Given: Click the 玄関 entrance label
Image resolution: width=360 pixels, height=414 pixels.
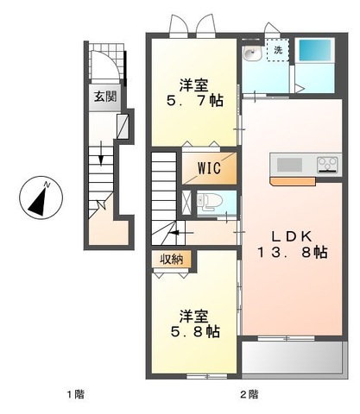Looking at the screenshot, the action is (105, 97).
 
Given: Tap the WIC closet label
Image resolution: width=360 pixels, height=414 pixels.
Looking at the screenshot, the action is (209, 168).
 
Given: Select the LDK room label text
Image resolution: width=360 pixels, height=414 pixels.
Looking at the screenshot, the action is (292, 236).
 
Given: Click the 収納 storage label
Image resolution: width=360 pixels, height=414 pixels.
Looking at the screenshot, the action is (172, 260).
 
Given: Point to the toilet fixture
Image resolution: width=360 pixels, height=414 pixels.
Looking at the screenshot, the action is (210, 201).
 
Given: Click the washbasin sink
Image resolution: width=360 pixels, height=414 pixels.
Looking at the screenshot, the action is (252, 53).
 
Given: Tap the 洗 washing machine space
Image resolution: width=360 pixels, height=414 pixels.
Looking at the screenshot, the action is (278, 50).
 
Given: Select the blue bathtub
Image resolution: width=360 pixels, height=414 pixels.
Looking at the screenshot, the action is (315, 50).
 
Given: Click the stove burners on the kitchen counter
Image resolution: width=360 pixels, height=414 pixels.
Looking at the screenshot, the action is (327, 165).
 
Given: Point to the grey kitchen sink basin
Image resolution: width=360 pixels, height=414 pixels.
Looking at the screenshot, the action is (289, 165).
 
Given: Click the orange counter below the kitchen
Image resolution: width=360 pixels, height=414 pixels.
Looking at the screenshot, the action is (293, 181).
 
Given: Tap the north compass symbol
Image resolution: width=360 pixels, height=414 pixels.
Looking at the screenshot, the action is (41, 198).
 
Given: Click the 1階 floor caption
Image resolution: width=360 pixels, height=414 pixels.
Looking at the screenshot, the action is (76, 394).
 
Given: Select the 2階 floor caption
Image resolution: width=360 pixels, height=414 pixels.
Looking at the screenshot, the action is (249, 394).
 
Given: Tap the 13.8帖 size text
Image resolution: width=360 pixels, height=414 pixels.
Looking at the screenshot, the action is (292, 253).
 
